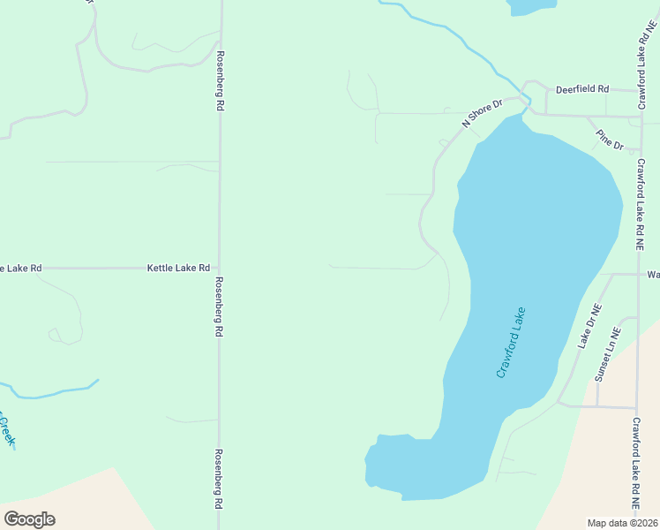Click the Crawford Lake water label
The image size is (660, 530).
click(x=511, y=343)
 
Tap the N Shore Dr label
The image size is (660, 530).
click(x=484, y=110)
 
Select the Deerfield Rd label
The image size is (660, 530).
click(x=582, y=89)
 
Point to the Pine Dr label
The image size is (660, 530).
click(x=610, y=139)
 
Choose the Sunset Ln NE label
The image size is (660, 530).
click(x=608, y=355)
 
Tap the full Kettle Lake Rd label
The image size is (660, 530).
click(x=178, y=267)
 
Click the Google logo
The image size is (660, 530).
click(x=29, y=519)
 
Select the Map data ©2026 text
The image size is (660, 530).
click(x=622, y=523)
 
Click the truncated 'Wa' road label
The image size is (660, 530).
click(x=653, y=275)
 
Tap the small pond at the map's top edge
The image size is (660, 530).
click(x=532, y=6)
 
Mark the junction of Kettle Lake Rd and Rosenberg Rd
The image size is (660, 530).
click(x=219, y=267)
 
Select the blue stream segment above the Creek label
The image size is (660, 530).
click(x=53, y=391)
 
